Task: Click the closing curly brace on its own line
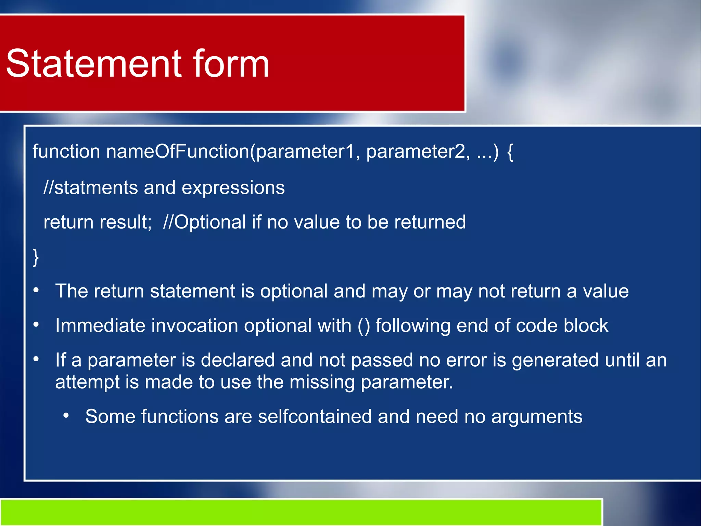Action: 36,257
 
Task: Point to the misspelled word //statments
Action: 90,188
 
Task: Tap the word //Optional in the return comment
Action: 204,222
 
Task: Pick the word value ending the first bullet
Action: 606,291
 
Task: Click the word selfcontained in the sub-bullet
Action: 315,417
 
